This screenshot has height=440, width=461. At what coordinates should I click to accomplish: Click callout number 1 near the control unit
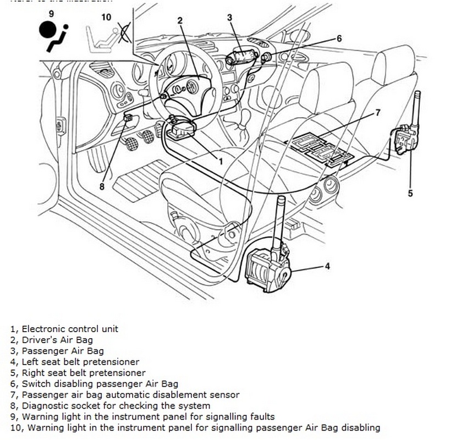(x=220, y=161)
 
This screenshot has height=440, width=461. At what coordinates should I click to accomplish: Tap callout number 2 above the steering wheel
(x=180, y=21)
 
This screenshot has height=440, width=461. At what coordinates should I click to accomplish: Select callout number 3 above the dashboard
(x=229, y=18)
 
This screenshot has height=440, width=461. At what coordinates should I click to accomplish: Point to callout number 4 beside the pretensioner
(x=327, y=267)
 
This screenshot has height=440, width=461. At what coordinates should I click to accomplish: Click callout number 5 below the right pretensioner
(x=410, y=193)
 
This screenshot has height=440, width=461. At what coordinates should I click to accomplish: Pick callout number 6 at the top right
(x=339, y=38)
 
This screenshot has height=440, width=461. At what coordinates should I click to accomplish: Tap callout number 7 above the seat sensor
(x=377, y=113)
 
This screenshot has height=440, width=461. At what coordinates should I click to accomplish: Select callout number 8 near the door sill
(x=102, y=186)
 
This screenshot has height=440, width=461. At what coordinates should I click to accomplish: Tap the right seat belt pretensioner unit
(x=406, y=140)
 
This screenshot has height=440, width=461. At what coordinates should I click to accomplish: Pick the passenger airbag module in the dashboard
(x=241, y=57)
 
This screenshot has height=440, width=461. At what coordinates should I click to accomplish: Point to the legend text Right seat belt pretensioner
(x=83, y=373)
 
